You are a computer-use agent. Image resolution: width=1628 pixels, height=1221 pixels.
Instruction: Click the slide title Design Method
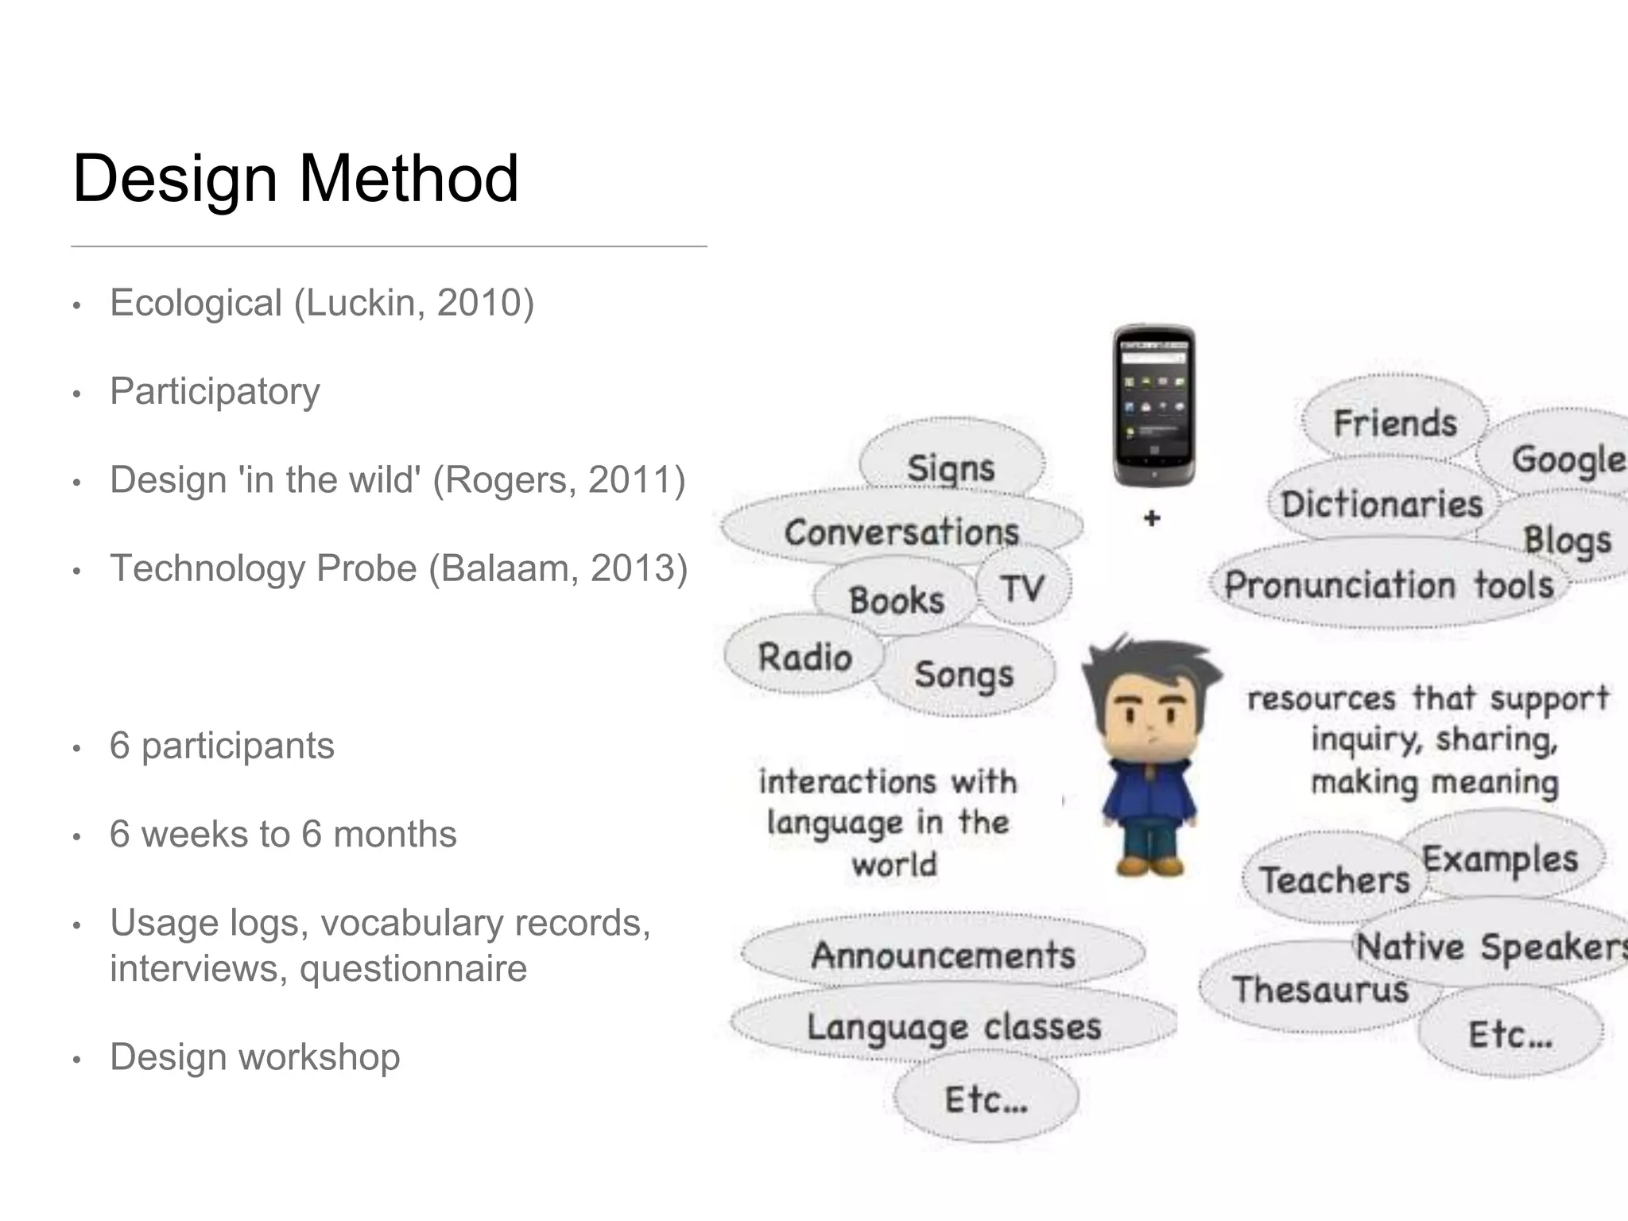(x=295, y=179)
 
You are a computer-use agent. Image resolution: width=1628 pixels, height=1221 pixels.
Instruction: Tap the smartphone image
(x=1154, y=405)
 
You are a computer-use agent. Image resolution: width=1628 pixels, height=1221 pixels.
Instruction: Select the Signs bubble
(x=951, y=467)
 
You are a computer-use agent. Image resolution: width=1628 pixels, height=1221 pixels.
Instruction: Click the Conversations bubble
(x=901, y=531)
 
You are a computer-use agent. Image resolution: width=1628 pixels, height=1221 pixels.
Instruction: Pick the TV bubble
(x=1022, y=589)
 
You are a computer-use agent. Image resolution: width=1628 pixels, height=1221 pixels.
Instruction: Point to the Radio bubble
(x=804, y=657)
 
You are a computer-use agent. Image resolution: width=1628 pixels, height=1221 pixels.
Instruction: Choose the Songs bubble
(x=963, y=674)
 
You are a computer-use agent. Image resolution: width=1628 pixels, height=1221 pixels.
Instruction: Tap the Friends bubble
(x=1395, y=422)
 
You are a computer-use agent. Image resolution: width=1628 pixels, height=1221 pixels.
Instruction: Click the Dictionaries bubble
(x=1382, y=504)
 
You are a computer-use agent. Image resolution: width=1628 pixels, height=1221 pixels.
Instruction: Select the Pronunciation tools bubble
(x=1388, y=585)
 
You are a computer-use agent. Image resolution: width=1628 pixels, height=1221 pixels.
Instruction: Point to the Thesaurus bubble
(x=1320, y=990)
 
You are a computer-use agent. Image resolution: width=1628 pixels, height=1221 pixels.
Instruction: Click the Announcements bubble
(x=943, y=955)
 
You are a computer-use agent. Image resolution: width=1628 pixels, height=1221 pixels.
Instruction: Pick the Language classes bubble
(x=954, y=1026)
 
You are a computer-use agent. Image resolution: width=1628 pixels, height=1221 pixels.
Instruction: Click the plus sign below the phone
(x=1152, y=518)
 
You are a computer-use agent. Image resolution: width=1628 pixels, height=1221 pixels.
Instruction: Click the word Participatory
(x=215, y=391)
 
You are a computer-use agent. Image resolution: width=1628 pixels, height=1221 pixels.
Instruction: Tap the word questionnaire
(x=413, y=969)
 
